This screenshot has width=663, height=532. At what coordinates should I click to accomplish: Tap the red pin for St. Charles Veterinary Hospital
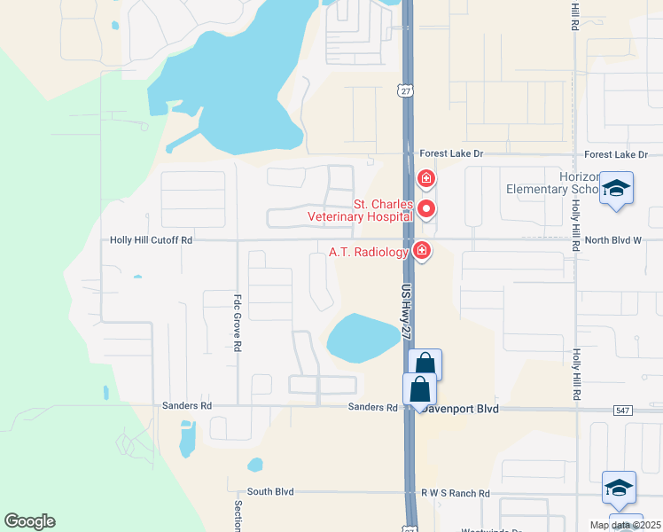pyautogui.click(x=426, y=209)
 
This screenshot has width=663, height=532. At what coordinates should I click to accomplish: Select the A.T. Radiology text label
pyautogui.click(x=369, y=252)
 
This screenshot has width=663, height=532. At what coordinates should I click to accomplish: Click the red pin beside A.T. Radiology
pyautogui.click(x=422, y=251)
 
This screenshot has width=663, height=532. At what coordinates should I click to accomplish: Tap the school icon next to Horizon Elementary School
pyautogui.click(x=616, y=189)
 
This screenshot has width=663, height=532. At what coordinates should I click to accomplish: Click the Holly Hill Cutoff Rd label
pyautogui.click(x=152, y=240)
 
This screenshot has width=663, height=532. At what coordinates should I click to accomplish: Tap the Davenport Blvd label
pyautogui.click(x=461, y=409)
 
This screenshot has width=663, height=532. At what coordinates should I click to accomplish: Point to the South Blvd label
pyautogui.click(x=270, y=492)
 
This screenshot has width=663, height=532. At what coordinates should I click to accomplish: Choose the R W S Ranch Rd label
pyautogui.click(x=455, y=492)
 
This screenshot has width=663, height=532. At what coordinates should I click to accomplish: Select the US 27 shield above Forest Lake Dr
pyautogui.click(x=405, y=92)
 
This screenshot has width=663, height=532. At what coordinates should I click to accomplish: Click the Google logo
pyautogui.click(x=29, y=521)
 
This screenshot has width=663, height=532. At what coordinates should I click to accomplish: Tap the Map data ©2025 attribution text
pyautogui.click(x=625, y=525)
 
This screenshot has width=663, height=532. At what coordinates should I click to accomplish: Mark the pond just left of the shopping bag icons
pyautogui.click(x=363, y=338)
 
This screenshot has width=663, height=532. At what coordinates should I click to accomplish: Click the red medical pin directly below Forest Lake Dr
pyautogui.click(x=426, y=179)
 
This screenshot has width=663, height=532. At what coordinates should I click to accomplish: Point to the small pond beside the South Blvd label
pyautogui.click(x=255, y=465)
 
